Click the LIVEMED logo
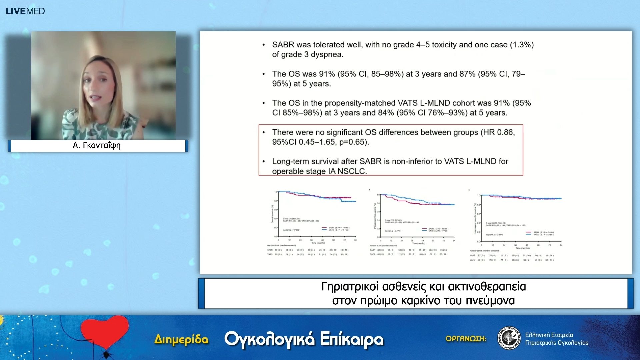coord(25,11)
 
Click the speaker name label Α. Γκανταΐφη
coord(97,146)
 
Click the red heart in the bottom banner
coord(105,332)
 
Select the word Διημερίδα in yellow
coord(181,339)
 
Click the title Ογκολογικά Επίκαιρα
coord(304,339)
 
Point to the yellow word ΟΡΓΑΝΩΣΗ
coord(466,339)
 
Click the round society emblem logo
coord(509,338)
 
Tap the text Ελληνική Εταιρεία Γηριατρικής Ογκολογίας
coord(556,339)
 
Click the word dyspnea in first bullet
coord(326,54)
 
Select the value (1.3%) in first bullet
coord(522,45)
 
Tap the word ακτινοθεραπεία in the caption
coord(487,287)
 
